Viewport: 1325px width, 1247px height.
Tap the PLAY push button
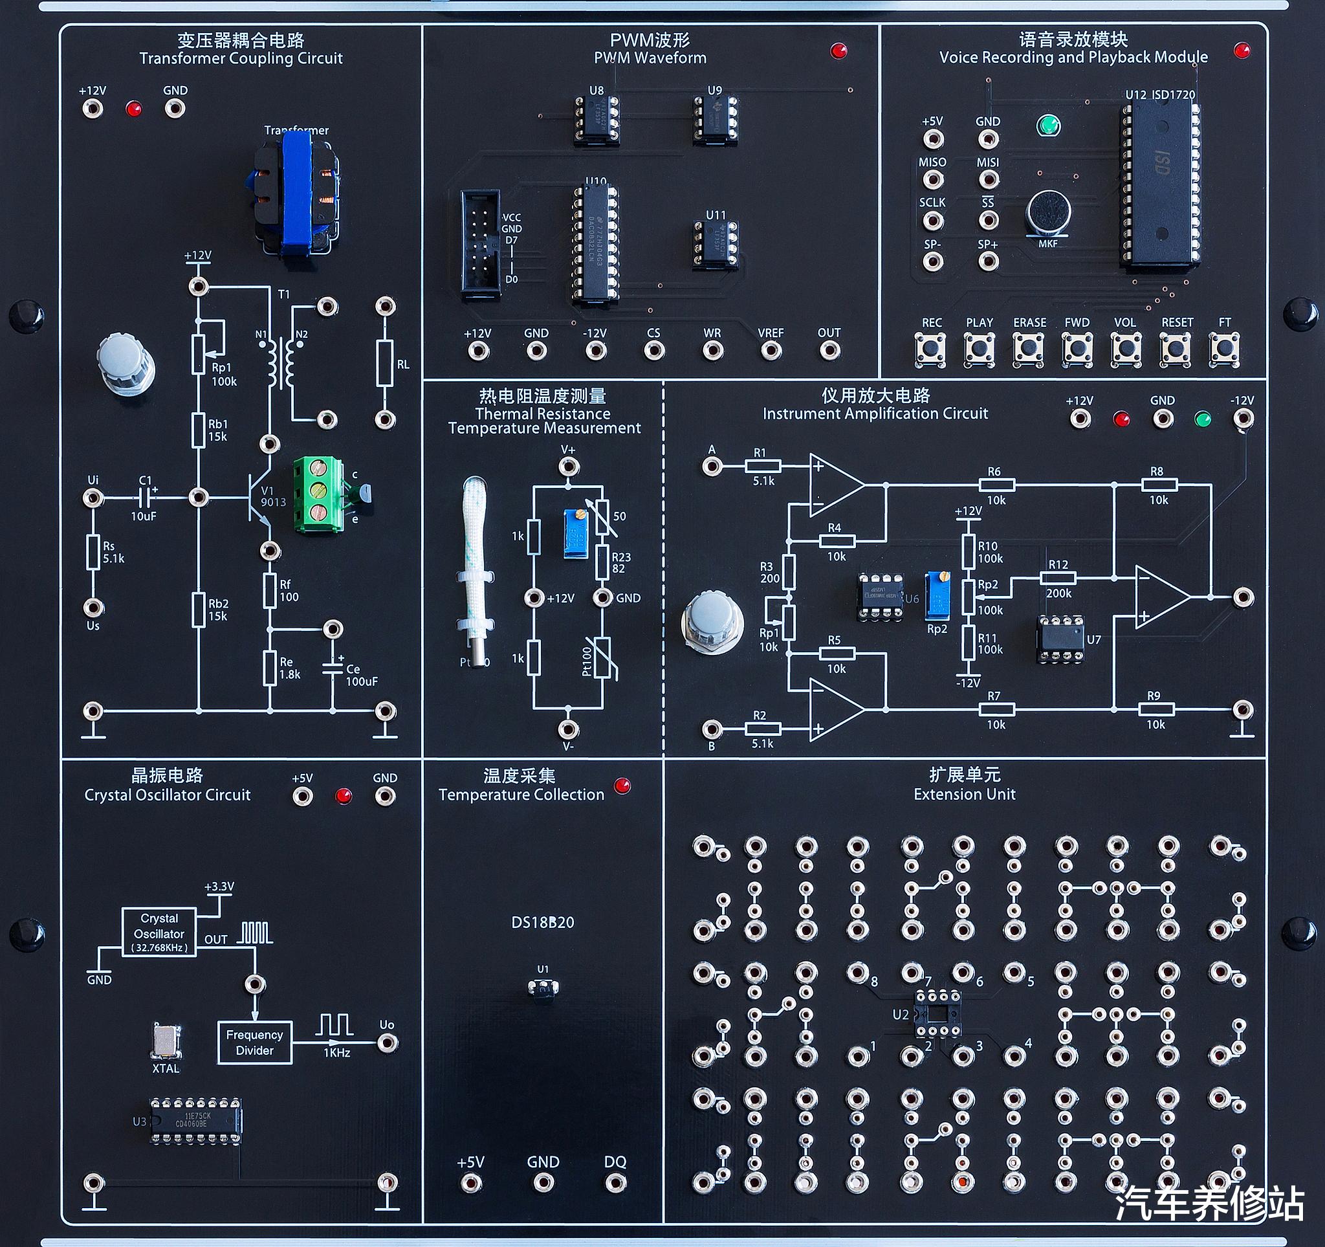click(x=979, y=349)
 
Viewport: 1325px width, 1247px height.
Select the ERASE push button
click(x=1029, y=349)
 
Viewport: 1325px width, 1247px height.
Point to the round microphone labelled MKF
click(x=1047, y=213)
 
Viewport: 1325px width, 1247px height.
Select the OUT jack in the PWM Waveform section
click(x=829, y=351)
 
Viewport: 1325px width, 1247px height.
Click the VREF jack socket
click(x=771, y=351)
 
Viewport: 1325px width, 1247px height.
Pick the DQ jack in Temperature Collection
click(x=615, y=1183)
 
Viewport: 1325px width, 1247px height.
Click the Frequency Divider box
click(x=255, y=1043)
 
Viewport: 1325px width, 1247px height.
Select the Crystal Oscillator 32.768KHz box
click(x=159, y=932)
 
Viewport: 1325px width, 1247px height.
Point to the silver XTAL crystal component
click(x=165, y=1041)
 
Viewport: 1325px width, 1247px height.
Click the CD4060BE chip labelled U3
click(x=195, y=1120)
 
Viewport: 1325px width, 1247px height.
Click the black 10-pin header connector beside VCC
click(x=480, y=244)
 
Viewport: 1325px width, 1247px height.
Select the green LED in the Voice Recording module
click(x=1048, y=126)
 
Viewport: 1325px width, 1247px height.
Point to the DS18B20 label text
click(x=543, y=922)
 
